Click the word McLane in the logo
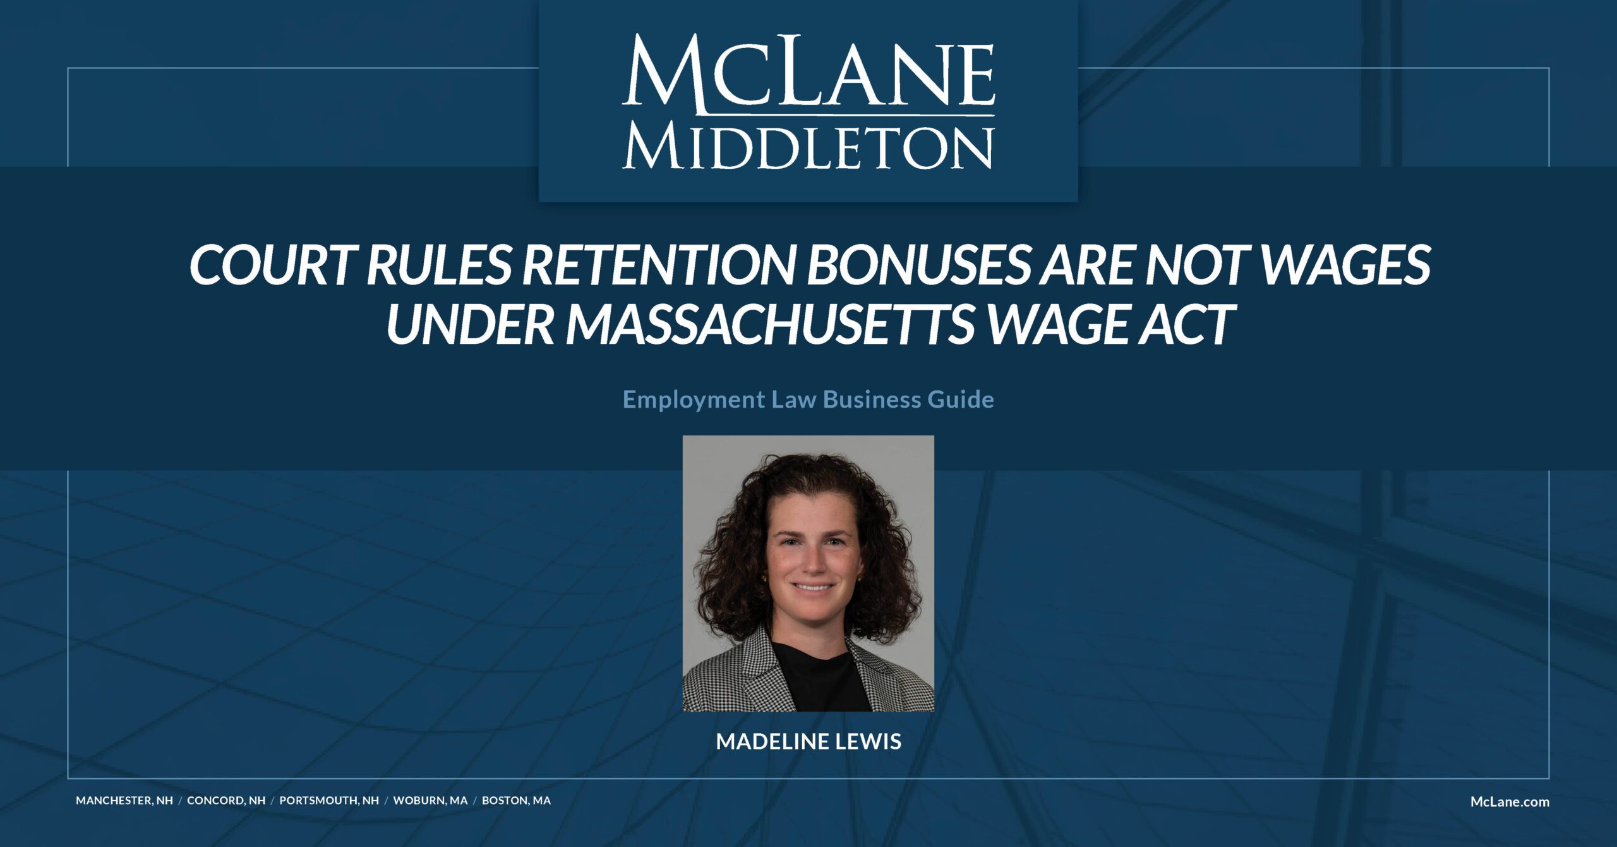(x=808, y=75)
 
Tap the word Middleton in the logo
(x=808, y=147)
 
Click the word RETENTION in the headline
(x=658, y=265)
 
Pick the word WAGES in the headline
(x=1348, y=265)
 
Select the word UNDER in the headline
(x=470, y=324)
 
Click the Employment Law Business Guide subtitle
(x=808, y=400)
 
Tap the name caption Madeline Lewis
(x=808, y=741)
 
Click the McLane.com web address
(x=1510, y=801)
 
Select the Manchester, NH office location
(x=124, y=800)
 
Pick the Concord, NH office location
(x=226, y=800)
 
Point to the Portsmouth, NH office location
(x=329, y=800)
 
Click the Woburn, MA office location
(x=431, y=800)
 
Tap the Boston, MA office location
(x=516, y=800)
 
